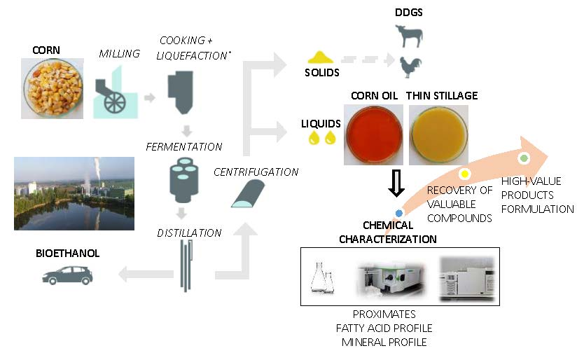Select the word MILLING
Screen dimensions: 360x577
click(x=120, y=54)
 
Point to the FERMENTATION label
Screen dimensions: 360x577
click(x=183, y=147)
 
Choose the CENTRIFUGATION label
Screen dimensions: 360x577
click(x=256, y=172)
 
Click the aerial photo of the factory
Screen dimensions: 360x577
click(x=74, y=193)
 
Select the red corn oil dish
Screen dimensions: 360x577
click(x=373, y=134)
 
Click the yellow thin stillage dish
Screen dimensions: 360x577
click(x=438, y=134)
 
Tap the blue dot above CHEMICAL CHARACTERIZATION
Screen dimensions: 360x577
click(x=398, y=212)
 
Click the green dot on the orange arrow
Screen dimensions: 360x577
click(x=523, y=158)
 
